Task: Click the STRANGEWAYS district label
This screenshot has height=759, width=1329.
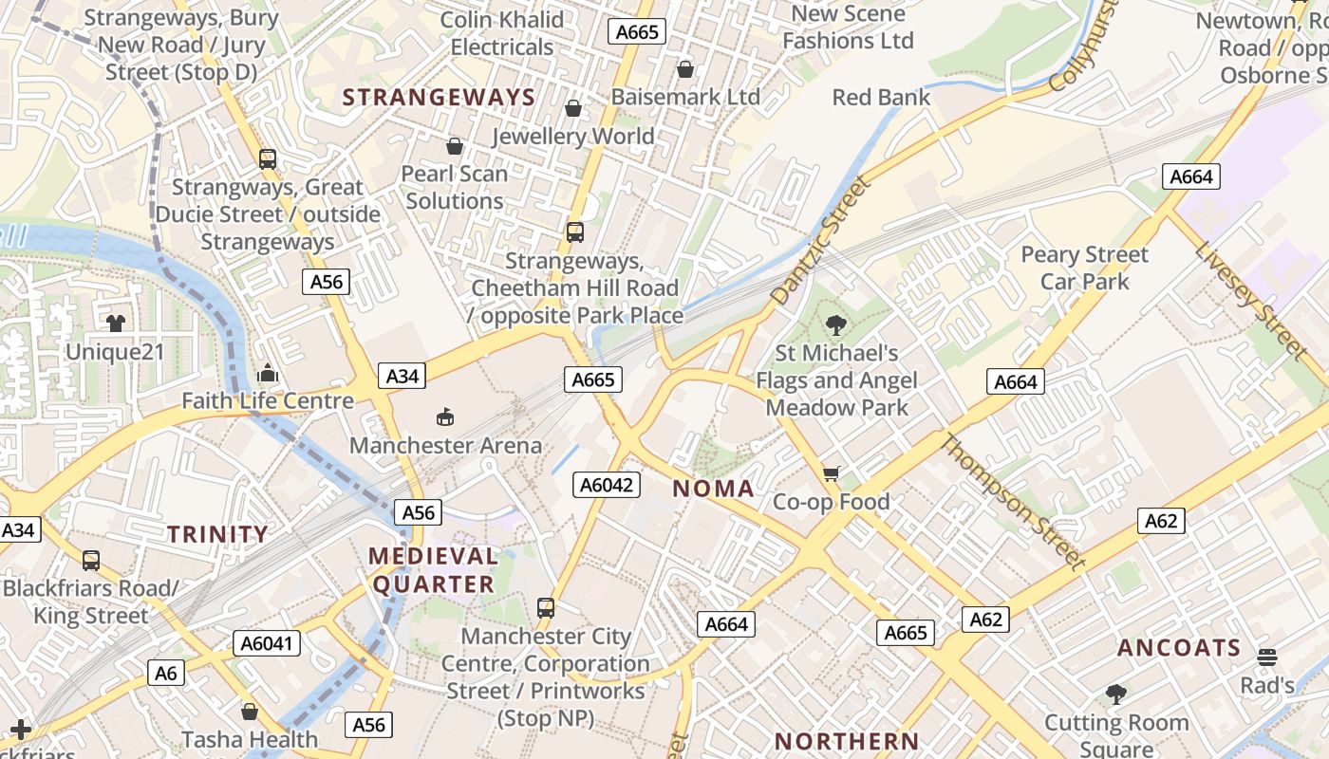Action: pos(439,97)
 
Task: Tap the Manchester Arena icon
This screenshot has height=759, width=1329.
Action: pos(444,416)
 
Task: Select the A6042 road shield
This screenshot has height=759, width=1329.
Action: pos(607,485)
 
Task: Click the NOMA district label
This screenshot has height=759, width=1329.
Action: pos(713,489)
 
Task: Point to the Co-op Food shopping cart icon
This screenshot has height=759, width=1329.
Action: pos(832,472)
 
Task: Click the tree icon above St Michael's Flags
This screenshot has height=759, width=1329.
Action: pos(835,325)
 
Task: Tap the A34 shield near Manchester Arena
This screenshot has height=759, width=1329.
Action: pos(402,376)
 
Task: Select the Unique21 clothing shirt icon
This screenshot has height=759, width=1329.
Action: pos(116,324)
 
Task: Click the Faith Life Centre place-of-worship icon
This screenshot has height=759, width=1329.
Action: pos(268,372)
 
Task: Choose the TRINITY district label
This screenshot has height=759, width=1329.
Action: pos(217,534)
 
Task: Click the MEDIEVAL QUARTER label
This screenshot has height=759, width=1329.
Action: pos(433,570)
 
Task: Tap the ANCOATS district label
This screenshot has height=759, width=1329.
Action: pos(1179,648)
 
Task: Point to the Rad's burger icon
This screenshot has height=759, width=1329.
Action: pos(1266,657)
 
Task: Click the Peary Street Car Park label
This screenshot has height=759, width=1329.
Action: pos(1084,268)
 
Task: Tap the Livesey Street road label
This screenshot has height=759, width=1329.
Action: pos(1250,299)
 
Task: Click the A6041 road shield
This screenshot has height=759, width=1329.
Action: pos(268,643)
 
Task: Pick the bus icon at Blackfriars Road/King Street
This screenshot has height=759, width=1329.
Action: pos(91,560)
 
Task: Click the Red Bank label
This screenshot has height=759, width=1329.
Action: pos(881,97)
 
